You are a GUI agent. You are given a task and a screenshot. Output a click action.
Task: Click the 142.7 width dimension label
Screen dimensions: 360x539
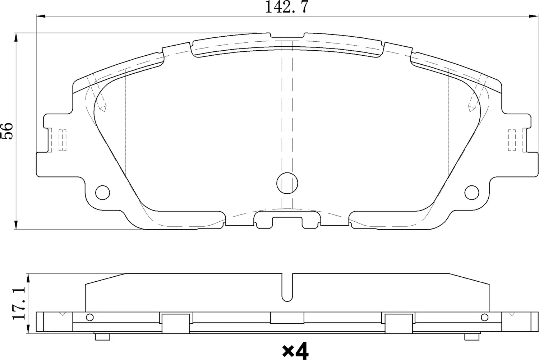click(x=286, y=7)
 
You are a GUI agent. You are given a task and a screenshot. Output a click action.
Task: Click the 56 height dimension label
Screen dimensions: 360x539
click(x=7, y=131)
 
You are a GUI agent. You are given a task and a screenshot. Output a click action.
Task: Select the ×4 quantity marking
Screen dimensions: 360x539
click(x=295, y=351)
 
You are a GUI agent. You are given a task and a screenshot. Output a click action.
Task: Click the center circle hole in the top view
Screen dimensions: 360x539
click(x=287, y=183)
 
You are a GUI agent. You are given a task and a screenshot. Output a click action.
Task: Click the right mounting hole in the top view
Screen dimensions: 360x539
click(x=472, y=192)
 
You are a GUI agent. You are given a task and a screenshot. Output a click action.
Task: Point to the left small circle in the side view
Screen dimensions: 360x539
click(x=90, y=317)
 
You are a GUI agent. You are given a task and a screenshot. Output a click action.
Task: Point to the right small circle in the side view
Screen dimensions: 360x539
click(x=484, y=317)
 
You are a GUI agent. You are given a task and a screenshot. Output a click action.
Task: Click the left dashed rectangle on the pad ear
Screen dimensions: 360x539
click(x=62, y=139)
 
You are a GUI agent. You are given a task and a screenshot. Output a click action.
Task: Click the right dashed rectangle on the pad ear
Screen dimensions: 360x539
click(x=512, y=139)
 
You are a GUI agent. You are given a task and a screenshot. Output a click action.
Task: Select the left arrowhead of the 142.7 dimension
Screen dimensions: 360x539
click(x=40, y=16)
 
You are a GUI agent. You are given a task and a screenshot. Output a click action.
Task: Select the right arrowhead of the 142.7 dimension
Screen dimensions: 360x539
click(x=534, y=16)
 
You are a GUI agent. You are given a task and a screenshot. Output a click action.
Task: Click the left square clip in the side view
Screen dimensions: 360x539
click(x=176, y=323)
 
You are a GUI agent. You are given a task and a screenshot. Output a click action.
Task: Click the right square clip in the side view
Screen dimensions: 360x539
click(x=399, y=323)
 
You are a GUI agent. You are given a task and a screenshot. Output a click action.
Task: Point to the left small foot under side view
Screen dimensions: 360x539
click(x=102, y=337)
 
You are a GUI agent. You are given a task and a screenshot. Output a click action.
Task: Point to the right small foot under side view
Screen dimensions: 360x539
click(x=472, y=337)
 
